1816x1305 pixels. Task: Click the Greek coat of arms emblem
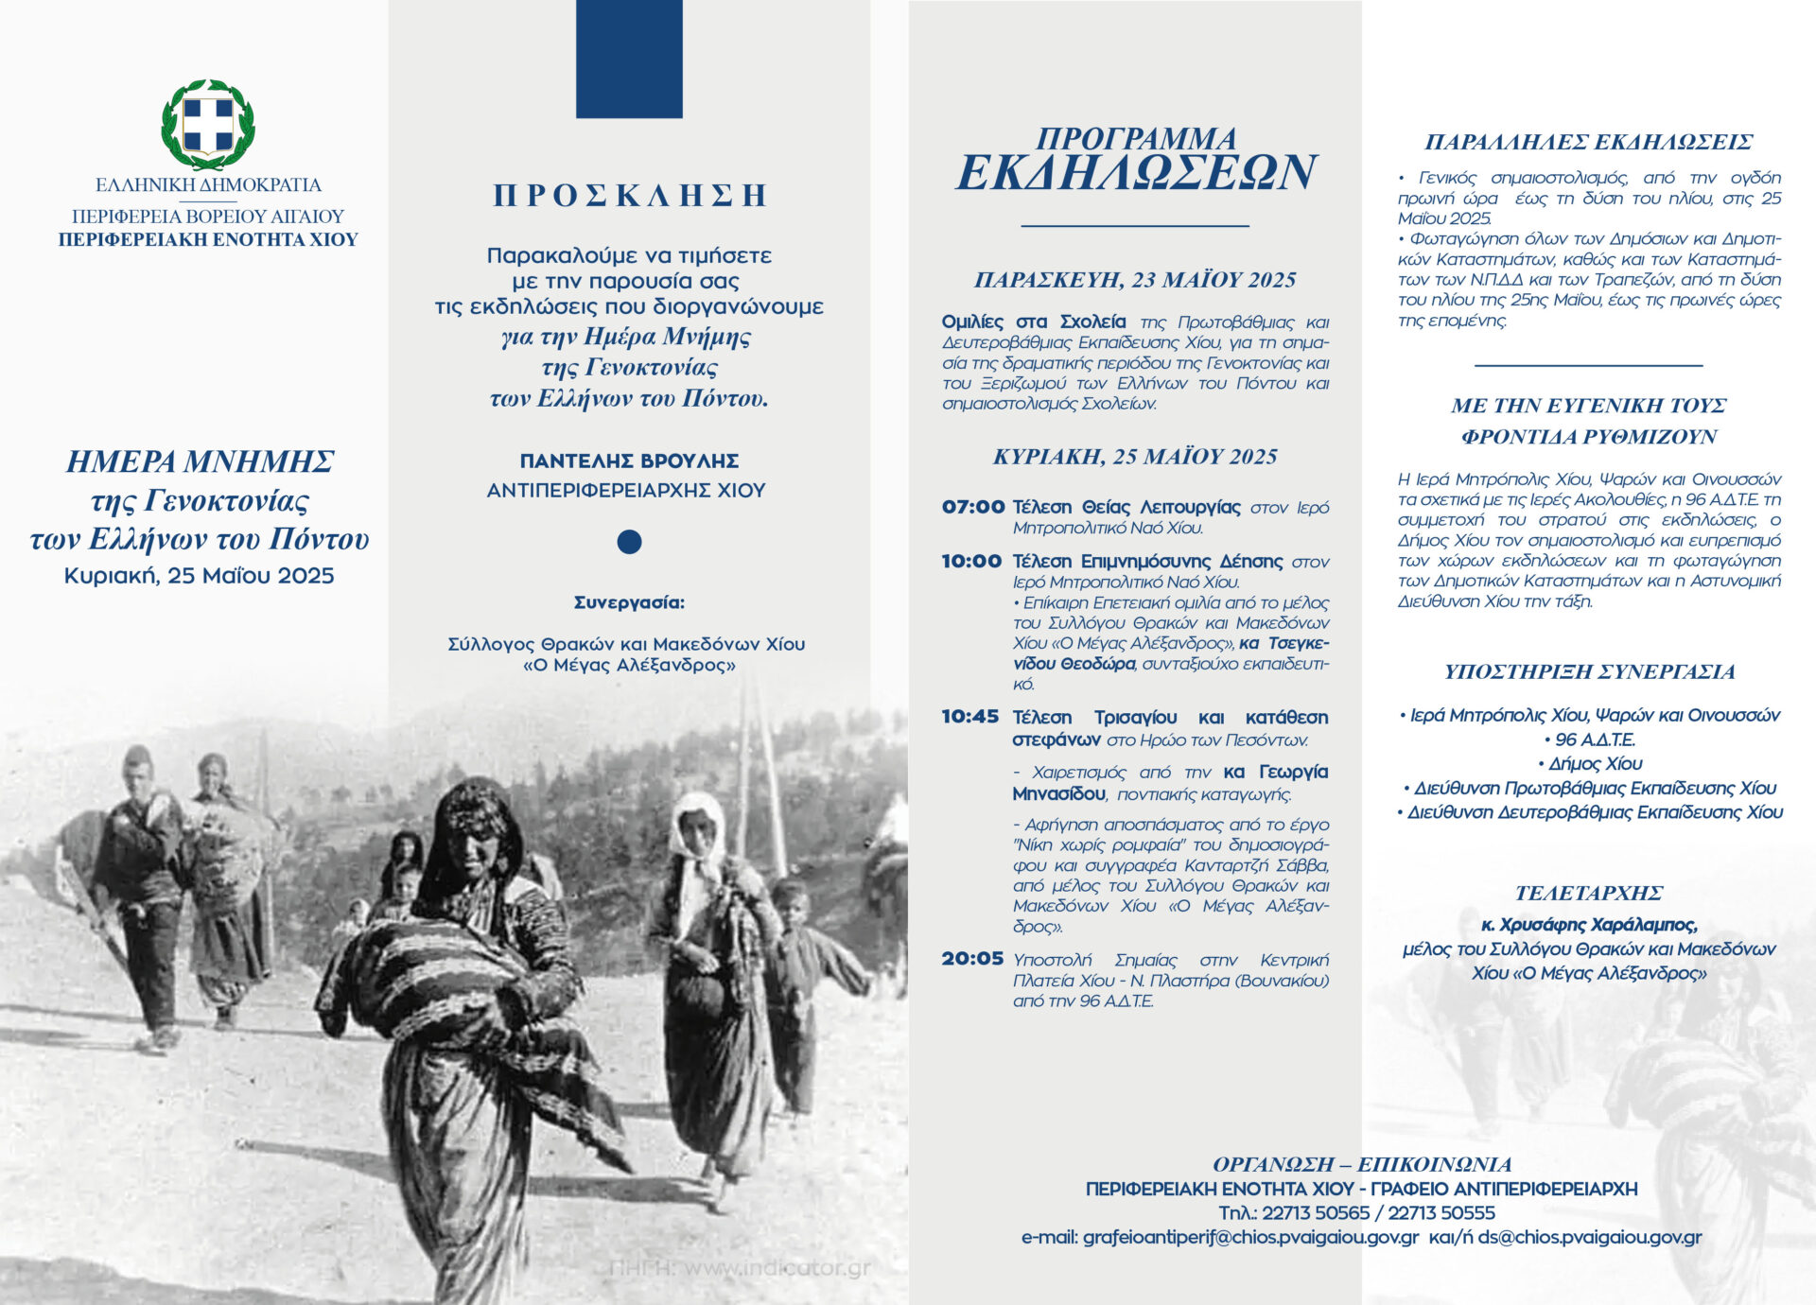pyautogui.click(x=208, y=124)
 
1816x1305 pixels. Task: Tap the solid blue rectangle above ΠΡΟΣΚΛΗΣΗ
pyautogui.click(x=629, y=59)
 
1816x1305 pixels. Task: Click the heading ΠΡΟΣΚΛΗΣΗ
pyautogui.click(x=629, y=196)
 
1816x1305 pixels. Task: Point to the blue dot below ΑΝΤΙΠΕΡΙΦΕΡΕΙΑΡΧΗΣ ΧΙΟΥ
pyautogui.click(x=629, y=542)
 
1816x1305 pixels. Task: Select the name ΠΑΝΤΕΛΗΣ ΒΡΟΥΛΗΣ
pyautogui.click(x=629, y=461)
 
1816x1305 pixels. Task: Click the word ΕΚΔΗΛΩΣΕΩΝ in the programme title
pyautogui.click(x=1135, y=173)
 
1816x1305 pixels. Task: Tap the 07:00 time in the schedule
pyautogui.click(x=972, y=507)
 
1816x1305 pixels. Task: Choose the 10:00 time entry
pyautogui.click(x=971, y=561)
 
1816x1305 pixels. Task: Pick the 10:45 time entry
pyautogui.click(x=969, y=717)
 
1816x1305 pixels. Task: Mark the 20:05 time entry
pyautogui.click(x=971, y=959)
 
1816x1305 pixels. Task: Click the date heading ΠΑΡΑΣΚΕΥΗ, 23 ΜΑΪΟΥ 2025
pyautogui.click(x=1135, y=280)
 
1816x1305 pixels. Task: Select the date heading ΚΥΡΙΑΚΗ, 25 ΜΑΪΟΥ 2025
pyautogui.click(x=1135, y=457)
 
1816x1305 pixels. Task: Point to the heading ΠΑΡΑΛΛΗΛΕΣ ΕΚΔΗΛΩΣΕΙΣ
pyautogui.click(x=1589, y=143)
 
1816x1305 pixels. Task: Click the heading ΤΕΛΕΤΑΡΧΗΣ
pyautogui.click(x=1589, y=894)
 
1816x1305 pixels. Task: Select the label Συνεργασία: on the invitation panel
pyautogui.click(x=629, y=602)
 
